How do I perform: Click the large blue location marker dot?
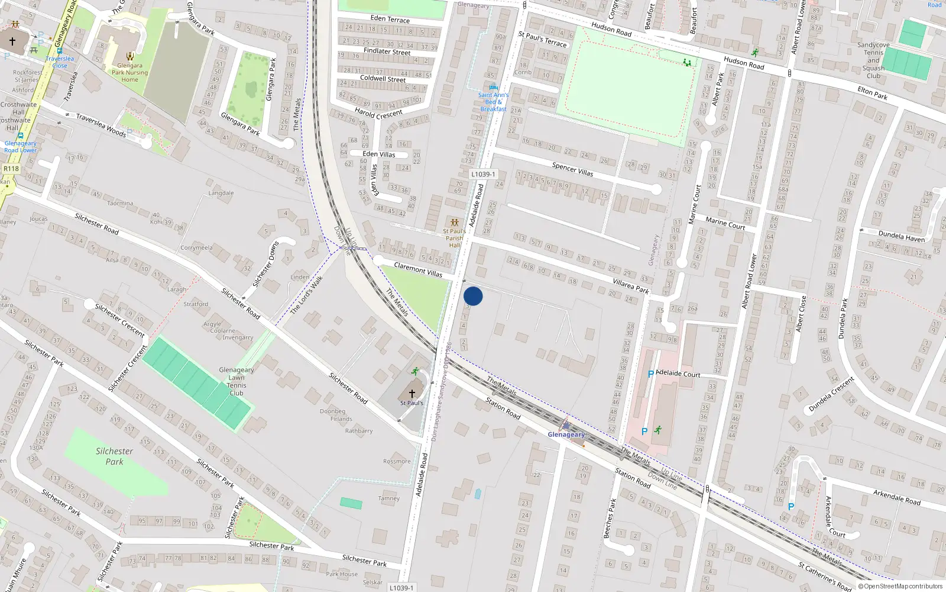coord(473,296)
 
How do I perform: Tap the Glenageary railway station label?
coord(566,435)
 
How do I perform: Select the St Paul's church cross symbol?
coord(412,393)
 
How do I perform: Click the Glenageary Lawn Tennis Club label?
coord(237,381)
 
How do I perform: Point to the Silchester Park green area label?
coord(114,456)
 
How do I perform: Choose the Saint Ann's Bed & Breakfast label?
coord(493,102)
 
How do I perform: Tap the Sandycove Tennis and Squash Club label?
coord(873,60)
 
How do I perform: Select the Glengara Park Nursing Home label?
coord(129,72)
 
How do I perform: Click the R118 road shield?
coord(11,169)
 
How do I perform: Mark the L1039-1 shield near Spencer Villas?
coord(483,174)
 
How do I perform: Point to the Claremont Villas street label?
coord(418,269)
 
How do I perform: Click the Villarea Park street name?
coord(631,287)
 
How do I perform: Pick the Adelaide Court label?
coord(678,374)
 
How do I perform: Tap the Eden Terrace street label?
coord(390,19)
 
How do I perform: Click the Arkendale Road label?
coord(897,497)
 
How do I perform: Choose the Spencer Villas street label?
coord(572,169)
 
